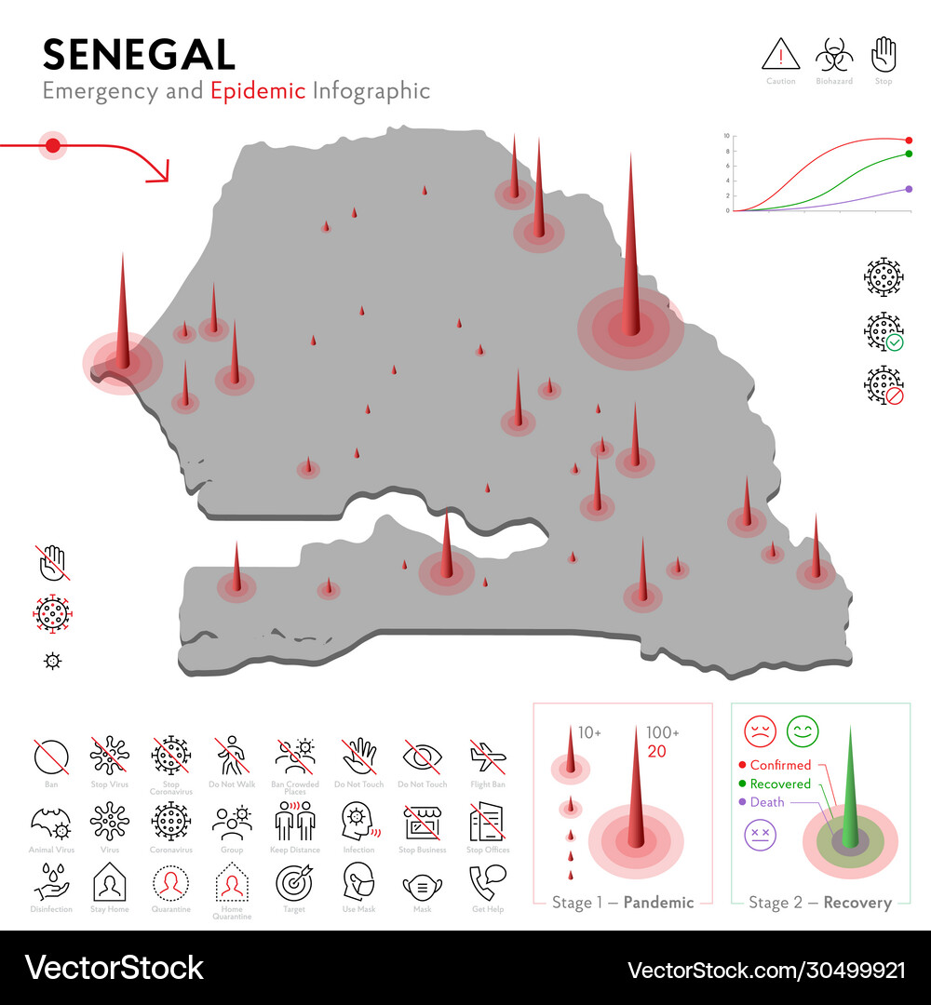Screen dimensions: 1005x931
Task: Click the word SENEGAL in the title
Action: (x=139, y=55)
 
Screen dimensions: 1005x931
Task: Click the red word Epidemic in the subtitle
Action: (x=258, y=91)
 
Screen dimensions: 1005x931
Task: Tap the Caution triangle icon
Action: (x=780, y=55)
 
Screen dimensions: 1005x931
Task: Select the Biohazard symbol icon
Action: (x=834, y=55)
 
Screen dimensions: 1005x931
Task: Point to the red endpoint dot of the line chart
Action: (x=909, y=140)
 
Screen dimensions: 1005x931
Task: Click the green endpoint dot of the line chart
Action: (x=909, y=154)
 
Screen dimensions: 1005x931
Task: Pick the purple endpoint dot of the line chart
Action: (x=909, y=189)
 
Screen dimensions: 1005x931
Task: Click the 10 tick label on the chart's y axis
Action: (x=726, y=136)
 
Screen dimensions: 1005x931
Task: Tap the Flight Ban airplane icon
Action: (x=487, y=757)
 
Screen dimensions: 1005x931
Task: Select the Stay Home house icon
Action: (x=109, y=881)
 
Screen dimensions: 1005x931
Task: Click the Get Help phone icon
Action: (x=487, y=881)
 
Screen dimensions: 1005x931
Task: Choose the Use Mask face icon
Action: (x=358, y=881)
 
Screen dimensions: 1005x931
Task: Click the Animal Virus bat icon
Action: (x=50, y=822)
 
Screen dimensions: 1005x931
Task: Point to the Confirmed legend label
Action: (x=780, y=765)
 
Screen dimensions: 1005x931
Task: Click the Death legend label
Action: (x=767, y=802)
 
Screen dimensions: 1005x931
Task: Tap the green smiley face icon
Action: (x=803, y=730)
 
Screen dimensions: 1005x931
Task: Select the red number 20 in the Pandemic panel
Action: (x=656, y=752)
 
